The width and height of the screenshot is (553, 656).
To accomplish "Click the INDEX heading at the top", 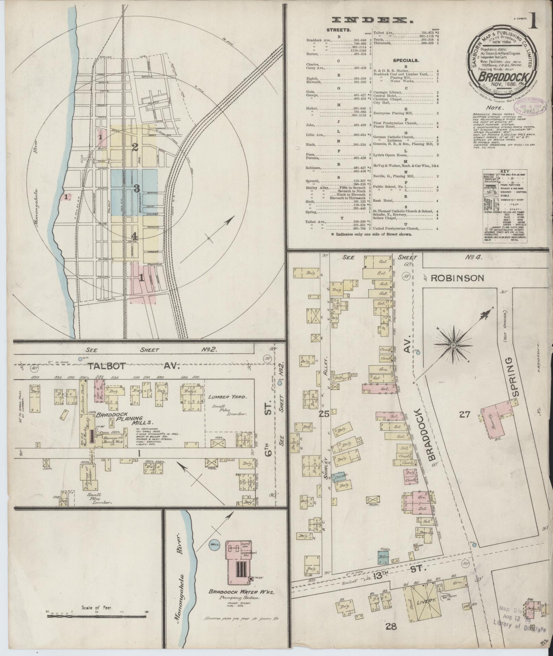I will (374, 20).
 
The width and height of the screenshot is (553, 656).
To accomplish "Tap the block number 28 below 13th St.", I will (391, 627).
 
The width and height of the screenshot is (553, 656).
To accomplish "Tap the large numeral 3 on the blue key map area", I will (137, 188).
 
